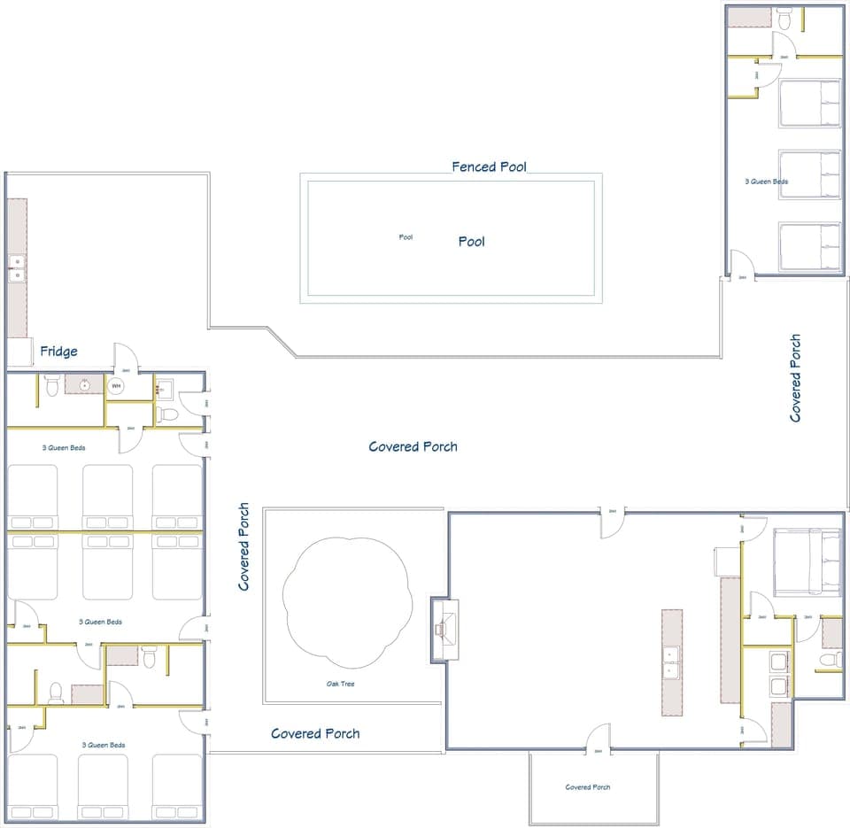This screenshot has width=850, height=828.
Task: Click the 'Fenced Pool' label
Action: pyautogui.click(x=489, y=166)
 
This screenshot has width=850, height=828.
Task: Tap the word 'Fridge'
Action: pyautogui.click(x=58, y=352)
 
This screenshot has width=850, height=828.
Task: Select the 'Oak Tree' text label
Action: pyautogui.click(x=342, y=684)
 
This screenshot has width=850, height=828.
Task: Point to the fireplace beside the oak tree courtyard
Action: pyautogui.click(x=444, y=630)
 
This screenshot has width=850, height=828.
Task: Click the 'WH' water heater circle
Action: pyautogui.click(x=115, y=386)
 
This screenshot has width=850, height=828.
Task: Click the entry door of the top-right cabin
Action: pyautogui.click(x=741, y=264)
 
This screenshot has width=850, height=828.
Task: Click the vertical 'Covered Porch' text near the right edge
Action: pyautogui.click(x=795, y=377)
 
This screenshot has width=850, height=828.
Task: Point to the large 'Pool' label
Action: pyautogui.click(x=471, y=241)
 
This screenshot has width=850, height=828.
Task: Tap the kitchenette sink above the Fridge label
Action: pyautogui.click(x=15, y=268)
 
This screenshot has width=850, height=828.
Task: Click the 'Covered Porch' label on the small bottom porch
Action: pyautogui.click(x=587, y=787)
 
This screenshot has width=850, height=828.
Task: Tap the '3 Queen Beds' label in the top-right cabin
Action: pyautogui.click(x=767, y=182)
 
